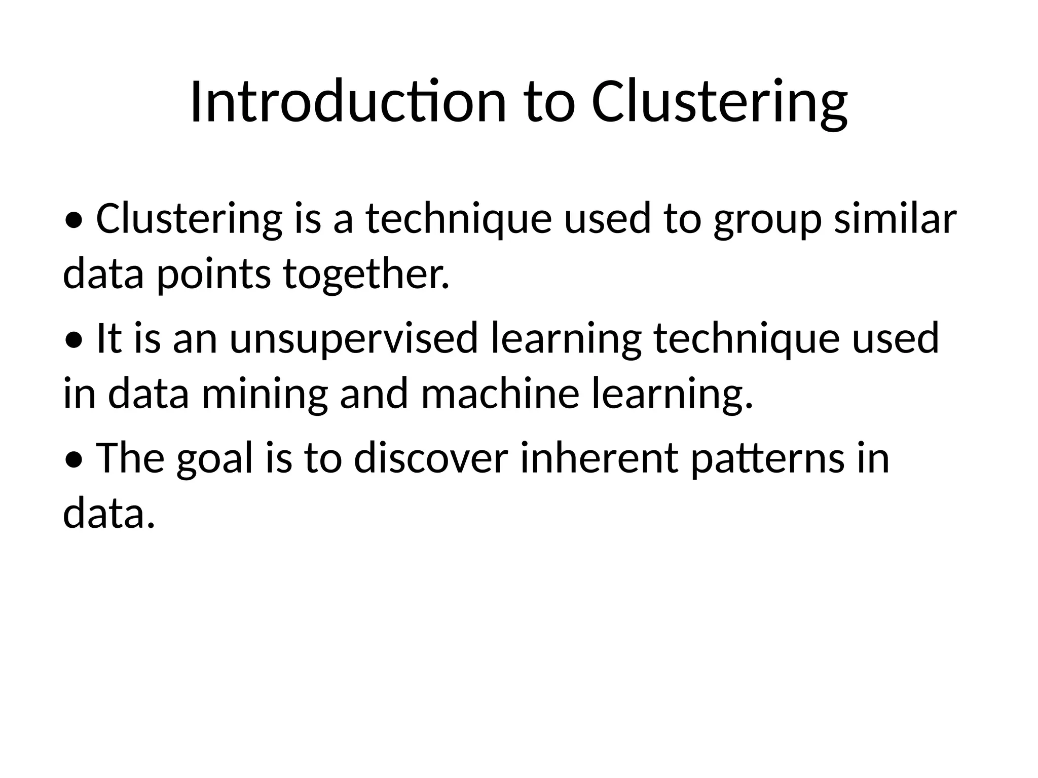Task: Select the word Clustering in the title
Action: click(719, 102)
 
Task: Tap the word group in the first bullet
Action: click(767, 220)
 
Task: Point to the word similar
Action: click(895, 219)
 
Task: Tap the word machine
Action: click(500, 394)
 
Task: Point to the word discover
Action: click(431, 458)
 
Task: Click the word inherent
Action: click(599, 458)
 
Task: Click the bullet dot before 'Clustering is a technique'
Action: click(74, 221)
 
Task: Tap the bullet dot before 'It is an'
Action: click(74, 341)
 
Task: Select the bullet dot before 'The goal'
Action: click(74, 460)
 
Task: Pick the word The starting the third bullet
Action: click(130, 458)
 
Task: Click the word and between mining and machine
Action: click(374, 394)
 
